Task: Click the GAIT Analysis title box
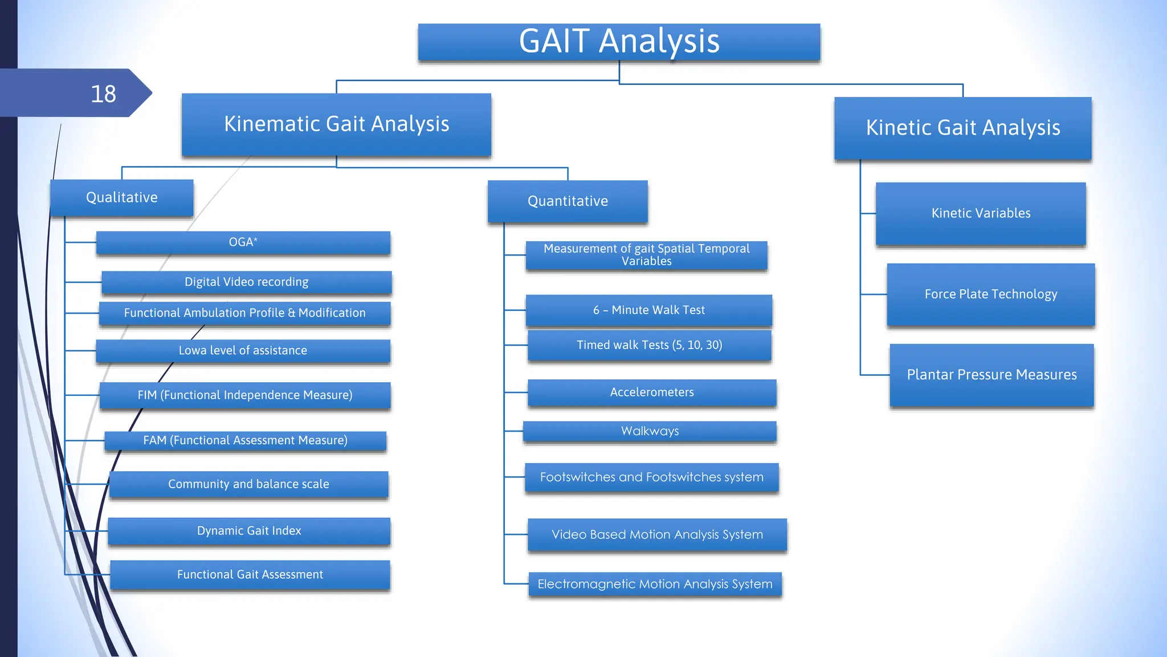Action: tap(619, 42)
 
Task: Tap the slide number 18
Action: tap(103, 94)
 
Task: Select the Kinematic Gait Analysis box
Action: tap(336, 124)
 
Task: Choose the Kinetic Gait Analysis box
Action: tap(962, 128)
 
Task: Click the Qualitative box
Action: tap(121, 197)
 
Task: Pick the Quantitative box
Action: tap(568, 201)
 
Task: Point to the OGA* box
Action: tap(243, 242)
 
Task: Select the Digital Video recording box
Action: tap(246, 282)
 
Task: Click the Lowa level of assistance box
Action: tap(243, 351)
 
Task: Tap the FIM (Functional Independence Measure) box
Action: tap(245, 395)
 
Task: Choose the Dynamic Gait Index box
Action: tap(249, 531)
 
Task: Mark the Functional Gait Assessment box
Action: tap(250, 575)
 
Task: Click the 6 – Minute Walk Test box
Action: tap(648, 310)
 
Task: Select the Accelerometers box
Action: tap(652, 392)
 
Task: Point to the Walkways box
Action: tap(650, 431)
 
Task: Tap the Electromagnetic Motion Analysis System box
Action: tap(655, 585)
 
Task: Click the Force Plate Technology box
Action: tap(990, 294)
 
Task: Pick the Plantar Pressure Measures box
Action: tap(991, 375)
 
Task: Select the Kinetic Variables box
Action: tap(981, 213)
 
